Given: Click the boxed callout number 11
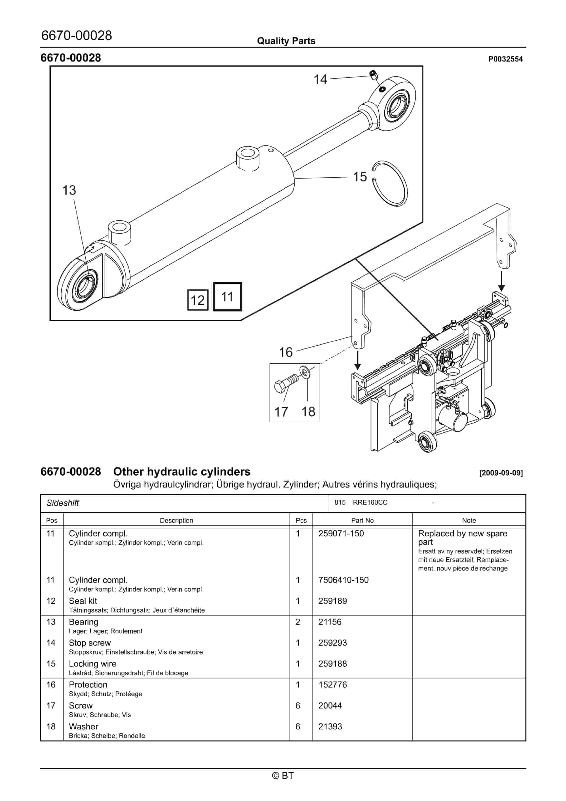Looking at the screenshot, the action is coord(227,297).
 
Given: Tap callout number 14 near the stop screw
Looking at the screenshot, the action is coord(320,79).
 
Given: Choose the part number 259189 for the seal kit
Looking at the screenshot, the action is coord(332,601).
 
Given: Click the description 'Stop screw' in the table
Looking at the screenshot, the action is coord(90,643).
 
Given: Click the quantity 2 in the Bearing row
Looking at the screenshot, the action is coord(298,622).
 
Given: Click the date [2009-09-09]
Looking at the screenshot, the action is coord(501,473).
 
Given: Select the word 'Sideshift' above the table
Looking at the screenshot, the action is coord(63,503).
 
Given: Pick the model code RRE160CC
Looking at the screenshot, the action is coord(370,502).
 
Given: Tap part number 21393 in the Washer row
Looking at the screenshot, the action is coord(330,726).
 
